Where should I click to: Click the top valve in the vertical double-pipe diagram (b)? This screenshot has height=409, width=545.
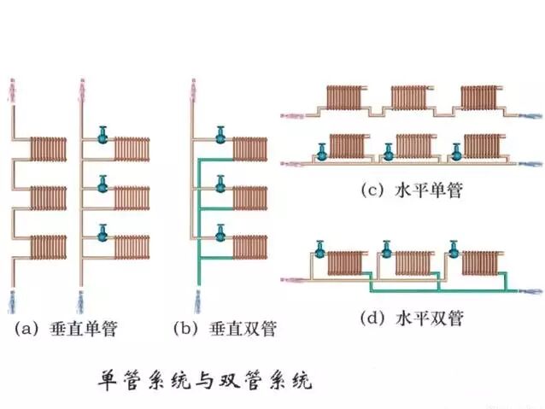tap(220, 134)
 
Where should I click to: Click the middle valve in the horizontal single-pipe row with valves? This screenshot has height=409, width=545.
tap(389, 151)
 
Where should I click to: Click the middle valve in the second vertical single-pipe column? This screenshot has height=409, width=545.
tap(103, 183)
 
